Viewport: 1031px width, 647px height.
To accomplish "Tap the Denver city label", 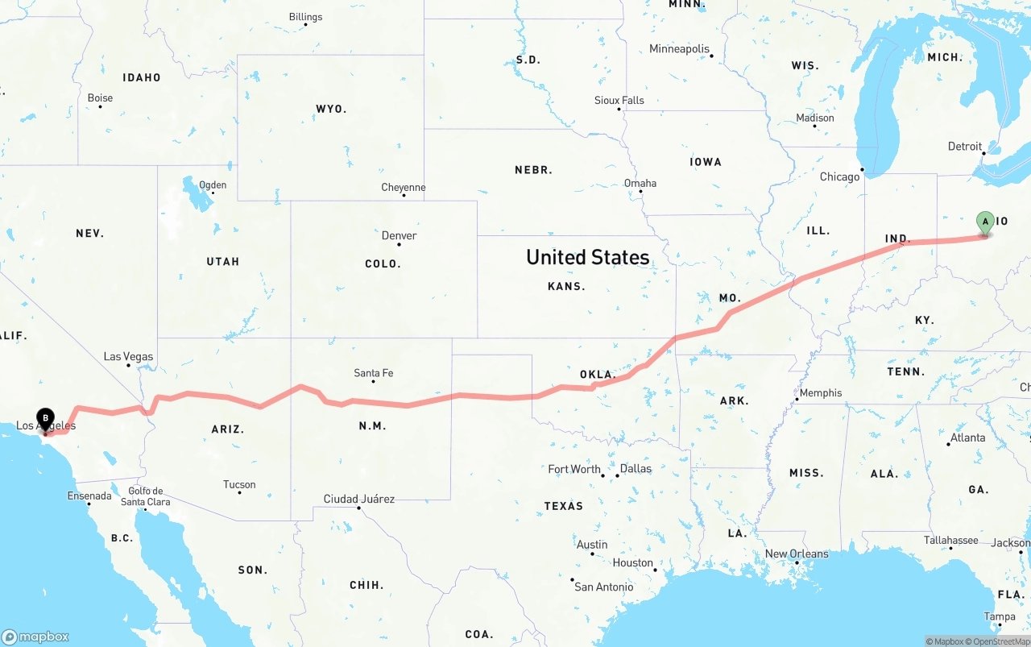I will click(x=399, y=235).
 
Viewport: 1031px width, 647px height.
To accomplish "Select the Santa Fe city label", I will click(x=373, y=373).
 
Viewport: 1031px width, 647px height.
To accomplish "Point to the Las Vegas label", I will click(x=128, y=356).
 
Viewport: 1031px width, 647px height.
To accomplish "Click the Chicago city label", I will click(x=839, y=176).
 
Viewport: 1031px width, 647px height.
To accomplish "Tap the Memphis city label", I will click(x=821, y=393).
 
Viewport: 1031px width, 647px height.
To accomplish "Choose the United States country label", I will click(x=587, y=257).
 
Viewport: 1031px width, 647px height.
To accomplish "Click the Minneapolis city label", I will click(x=679, y=49).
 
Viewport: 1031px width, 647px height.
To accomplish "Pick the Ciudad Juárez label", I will click(x=358, y=499).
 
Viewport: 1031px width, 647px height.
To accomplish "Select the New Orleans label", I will click(x=797, y=554).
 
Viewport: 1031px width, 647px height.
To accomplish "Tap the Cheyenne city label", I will click(x=403, y=188).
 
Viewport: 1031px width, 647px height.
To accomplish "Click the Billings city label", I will click(x=305, y=17).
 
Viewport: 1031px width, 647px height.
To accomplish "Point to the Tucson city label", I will click(x=239, y=484).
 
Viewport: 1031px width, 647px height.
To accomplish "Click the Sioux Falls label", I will click(x=619, y=101).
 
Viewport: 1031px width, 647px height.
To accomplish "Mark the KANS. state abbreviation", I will click(x=566, y=286).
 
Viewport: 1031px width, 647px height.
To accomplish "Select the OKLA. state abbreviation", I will click(x=598, y=375).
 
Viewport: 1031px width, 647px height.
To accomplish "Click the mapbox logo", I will click(x=35, y=637).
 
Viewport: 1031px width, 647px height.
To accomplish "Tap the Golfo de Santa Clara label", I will click(x=145, y=496).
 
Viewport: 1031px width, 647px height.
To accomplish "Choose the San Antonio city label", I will click(x=603, y=587).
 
